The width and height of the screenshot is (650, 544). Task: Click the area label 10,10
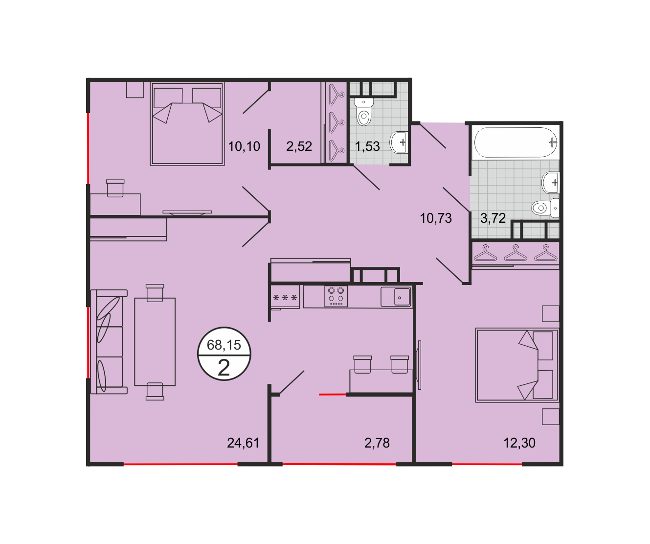[x=244, y=146]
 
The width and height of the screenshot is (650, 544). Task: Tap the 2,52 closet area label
[x=299, y=146]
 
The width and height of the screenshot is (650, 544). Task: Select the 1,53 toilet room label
[x=367, y=146]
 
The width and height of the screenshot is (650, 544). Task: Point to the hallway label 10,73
[x=435, y=218]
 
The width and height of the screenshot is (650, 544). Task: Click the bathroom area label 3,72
[x=493, y=218]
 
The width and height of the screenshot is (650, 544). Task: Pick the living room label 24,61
[x=243, y=443]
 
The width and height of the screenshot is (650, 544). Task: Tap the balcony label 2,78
[x=377, y=443]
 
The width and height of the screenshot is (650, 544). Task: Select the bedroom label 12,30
[x=519, y=443]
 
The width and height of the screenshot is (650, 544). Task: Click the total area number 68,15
[x=224, y=345]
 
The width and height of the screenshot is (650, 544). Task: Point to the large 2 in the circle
[x=224, y=368]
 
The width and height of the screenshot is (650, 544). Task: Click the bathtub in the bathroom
[x=516, y=142]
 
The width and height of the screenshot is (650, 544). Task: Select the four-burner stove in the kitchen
[x=336, y=296]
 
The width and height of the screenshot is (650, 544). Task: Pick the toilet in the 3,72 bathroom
[x=545, y=208]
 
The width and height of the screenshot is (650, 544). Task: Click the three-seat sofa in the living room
[x=109, y=342]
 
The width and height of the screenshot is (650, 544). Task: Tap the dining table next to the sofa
[x=155, y=342]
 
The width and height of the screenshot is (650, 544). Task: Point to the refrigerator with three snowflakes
[x=285, y=297]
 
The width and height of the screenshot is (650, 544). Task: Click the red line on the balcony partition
[x=333, y=395]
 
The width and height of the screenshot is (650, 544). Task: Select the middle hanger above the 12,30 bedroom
[x=516, y=253]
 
